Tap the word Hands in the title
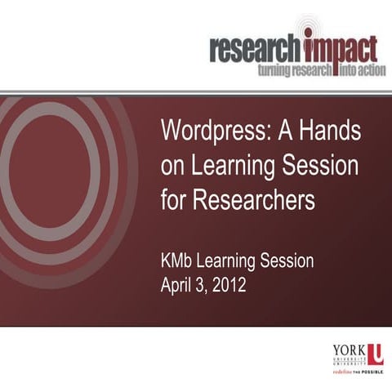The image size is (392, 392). [332, 130]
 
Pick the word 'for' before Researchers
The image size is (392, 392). [175, 200]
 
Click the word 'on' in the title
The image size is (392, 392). [173, 166]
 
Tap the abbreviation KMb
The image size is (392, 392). [180, 263]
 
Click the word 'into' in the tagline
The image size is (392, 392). [344, 71]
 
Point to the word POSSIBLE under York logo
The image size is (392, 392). [371, 370]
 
